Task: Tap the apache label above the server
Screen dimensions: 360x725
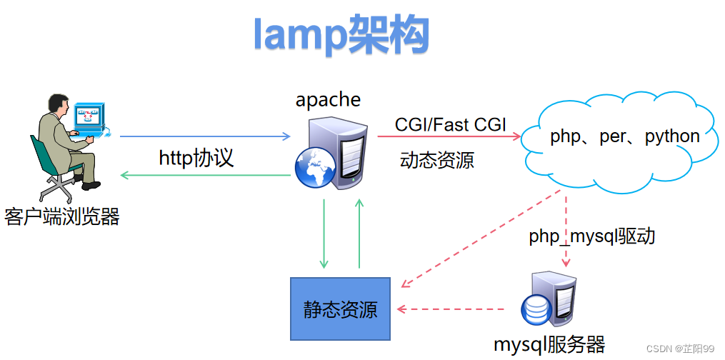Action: coord(328,99)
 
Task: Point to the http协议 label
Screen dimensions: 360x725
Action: coord(196,157)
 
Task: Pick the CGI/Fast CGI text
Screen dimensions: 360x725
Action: coord(450,125)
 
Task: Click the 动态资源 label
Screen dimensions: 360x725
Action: coord(436,160)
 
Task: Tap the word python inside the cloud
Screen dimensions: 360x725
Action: coord(672,136)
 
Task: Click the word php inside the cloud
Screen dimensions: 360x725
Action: coord(564,136)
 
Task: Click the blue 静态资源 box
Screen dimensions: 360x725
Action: coord(340,309)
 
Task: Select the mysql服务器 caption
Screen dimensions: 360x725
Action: coord(549,345)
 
